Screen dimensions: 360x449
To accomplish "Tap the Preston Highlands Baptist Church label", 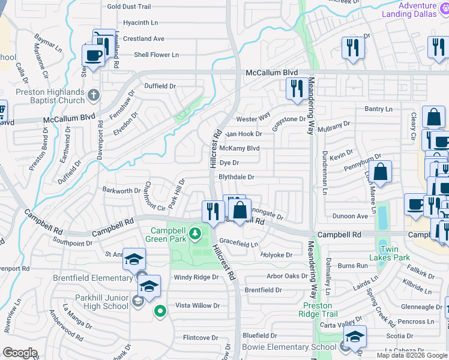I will [50, 96].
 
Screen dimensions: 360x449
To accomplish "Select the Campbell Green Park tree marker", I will [194, 232].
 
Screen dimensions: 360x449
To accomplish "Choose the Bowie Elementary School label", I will [289, 347].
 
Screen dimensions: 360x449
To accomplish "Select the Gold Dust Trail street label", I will [128, 7].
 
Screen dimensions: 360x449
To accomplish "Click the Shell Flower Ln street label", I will [156, 55].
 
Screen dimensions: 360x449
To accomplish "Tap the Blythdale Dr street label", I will [237, 177].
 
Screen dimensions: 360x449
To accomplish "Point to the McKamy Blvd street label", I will [240, 148].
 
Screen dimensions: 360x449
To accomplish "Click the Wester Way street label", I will [253, 119].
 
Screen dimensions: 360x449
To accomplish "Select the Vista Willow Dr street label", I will [197, 305].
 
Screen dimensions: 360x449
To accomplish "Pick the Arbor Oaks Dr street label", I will [287, 277].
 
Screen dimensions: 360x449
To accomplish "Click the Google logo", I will [20, 353].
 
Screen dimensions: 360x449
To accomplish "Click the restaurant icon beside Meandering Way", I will [297, 89].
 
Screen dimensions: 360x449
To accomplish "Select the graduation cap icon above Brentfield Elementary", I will [134, 259].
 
